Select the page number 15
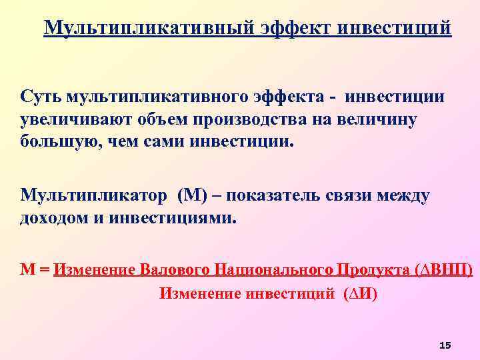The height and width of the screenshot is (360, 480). [445, 344]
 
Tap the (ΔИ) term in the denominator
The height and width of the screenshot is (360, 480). [359, 293]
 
